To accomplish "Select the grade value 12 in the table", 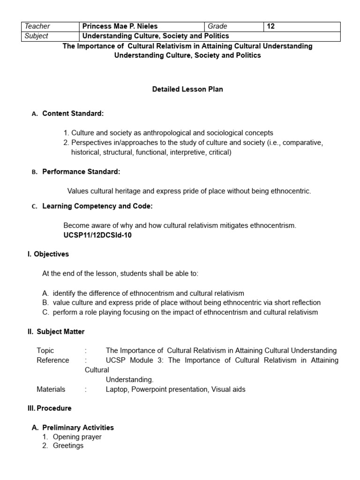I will point(271,27).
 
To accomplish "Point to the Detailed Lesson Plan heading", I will point(187,89).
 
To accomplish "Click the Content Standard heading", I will point(73,113).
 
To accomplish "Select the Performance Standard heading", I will point(81,172).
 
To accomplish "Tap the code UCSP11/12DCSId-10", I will point(97,235).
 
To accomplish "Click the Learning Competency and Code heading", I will point(97,206).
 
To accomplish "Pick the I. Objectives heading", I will point(48,254).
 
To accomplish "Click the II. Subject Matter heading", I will point(56,332).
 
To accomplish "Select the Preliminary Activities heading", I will point(78,427).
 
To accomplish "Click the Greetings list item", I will point(68,446).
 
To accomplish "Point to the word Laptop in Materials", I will point(117,389).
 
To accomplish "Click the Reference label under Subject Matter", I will point(53,360).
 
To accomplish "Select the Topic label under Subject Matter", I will point(45,351).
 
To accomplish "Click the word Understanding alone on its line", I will point(129,380).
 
